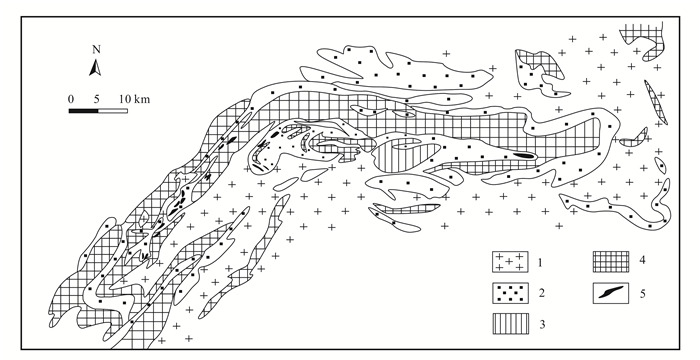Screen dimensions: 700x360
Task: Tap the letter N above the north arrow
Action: [96, 49]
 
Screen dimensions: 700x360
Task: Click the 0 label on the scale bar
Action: [71, 99]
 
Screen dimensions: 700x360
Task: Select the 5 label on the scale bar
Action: [97, 99]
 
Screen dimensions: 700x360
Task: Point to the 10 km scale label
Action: [135, 99]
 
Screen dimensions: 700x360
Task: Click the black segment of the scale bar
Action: [83, 111]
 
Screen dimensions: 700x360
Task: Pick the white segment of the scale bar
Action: [113, 111]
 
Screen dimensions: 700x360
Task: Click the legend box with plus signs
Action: [510, 262]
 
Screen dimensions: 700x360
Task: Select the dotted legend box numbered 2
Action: [510, 293]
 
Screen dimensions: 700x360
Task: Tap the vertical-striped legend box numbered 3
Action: [510, 324]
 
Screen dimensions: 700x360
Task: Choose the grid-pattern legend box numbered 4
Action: [611, 262]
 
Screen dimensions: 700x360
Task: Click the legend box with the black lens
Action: [611, 293]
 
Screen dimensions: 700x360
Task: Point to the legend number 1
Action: [540, 262]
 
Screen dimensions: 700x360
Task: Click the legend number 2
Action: [542, 293]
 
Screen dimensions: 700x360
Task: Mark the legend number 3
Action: [542, 324]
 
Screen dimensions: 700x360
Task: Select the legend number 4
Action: [642, 260]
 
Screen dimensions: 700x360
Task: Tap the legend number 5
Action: [642, 293]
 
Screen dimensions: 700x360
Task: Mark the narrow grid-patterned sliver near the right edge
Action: [655, 102]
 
